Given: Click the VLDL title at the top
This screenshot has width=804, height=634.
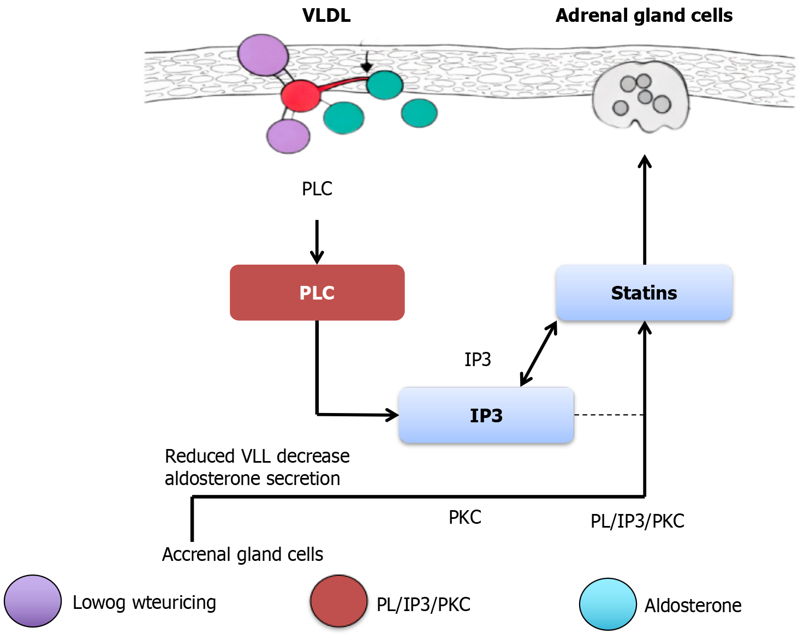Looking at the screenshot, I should (326, 15).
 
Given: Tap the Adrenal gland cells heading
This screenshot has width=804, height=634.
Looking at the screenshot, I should (644, 15).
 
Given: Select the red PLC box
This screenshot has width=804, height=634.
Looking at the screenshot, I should (317, 292).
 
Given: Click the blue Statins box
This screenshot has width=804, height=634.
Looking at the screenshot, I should (644, 292).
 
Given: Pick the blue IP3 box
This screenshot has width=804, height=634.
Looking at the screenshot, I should (486, 415).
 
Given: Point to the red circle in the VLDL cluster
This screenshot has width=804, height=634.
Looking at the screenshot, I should (300, 95).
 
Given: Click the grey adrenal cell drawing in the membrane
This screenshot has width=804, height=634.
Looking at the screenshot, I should (641, 97).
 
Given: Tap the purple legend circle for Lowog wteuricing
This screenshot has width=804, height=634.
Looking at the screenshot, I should (33, 601).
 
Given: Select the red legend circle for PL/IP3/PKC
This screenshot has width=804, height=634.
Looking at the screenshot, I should (339, 601).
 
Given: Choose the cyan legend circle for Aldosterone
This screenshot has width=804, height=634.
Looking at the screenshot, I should (608, 604).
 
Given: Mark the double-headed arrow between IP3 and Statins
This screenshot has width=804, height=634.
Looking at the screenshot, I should (539, 354).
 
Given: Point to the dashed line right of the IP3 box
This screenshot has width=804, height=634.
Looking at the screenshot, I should (609, 415).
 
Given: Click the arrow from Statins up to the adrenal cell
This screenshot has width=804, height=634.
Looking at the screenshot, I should (645, 210).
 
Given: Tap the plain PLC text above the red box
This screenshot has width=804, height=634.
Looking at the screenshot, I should (317, 189).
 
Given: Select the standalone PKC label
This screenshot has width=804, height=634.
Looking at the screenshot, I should (465, 517).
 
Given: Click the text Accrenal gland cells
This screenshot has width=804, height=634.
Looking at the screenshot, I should (242, 554).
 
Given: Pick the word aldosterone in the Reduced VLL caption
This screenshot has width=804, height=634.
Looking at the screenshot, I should (218, 479).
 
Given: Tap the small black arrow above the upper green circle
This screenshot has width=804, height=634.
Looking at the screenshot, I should (366, 62).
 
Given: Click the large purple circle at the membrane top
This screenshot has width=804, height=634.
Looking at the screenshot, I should (263, 55).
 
